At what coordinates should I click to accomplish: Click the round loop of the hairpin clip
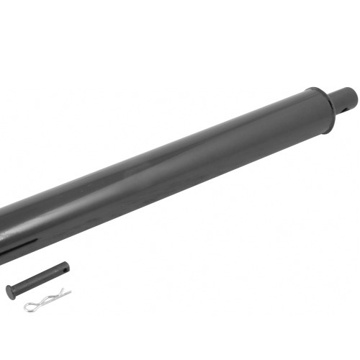point(30,307)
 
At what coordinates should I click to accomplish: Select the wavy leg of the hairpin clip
point(54,298)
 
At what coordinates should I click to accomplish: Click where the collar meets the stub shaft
point(332,104)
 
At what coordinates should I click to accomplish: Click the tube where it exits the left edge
point(4,230)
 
